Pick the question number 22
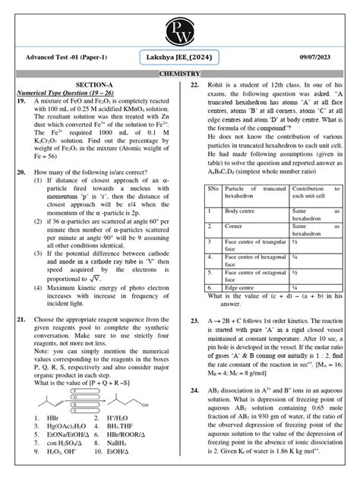(195, 86)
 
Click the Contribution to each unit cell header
(311, 191)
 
